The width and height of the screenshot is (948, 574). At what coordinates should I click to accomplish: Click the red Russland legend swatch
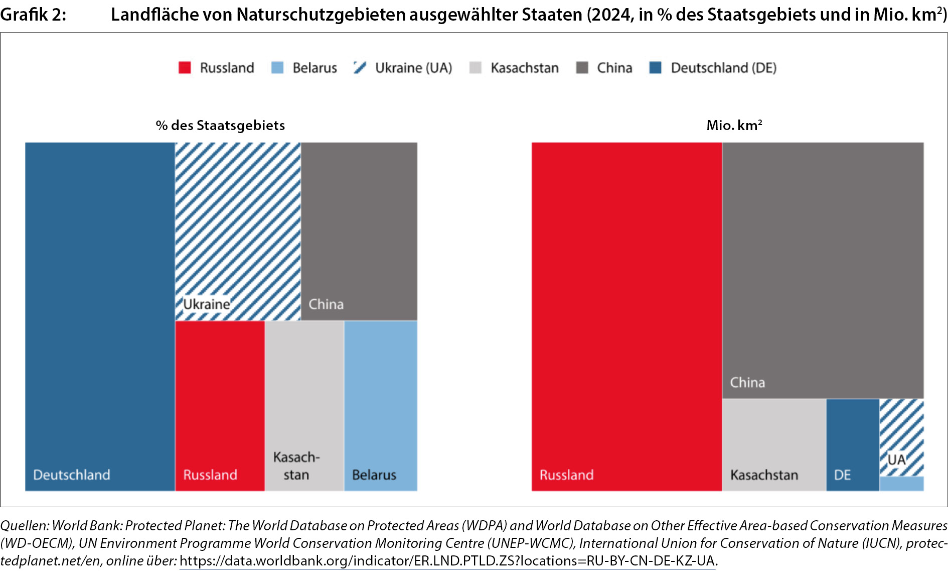coord(185,68)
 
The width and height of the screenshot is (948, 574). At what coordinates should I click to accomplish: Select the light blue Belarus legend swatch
coord(277,68)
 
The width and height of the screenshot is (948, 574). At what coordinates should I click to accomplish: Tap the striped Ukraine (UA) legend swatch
coord(360,68)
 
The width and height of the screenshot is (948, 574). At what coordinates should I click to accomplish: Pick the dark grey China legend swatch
coord(582,68)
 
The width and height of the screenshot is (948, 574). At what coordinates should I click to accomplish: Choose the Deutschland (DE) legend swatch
coord(655,68)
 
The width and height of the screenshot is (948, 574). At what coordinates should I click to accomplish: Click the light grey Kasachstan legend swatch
coord(475,68)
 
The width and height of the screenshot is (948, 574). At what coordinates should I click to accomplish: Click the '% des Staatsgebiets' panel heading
coord(220,125)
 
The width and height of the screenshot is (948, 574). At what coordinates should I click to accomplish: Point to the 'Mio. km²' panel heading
coord(734,125)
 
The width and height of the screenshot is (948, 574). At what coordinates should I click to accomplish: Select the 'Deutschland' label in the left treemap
coord(72,475)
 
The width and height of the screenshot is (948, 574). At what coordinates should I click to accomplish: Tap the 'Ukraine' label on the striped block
coord(207,304)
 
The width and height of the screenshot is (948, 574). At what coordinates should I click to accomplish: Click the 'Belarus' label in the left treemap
coord(374,475)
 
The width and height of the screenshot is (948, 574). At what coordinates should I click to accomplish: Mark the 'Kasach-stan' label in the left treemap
coord(296,466)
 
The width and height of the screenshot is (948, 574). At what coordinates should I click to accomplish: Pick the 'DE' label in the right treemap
coord(842,475)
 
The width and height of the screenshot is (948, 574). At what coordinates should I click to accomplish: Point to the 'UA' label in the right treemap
coord(896,459)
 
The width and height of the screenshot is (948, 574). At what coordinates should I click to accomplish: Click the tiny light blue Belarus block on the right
coord(901,484)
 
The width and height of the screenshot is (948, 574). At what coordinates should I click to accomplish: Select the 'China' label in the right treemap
coord(747,382)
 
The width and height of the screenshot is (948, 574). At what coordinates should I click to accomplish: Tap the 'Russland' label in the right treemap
coord(566,475)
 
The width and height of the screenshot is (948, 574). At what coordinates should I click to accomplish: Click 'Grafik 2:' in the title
coord(33,15)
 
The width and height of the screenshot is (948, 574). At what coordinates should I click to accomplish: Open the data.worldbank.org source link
coord(447,560)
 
